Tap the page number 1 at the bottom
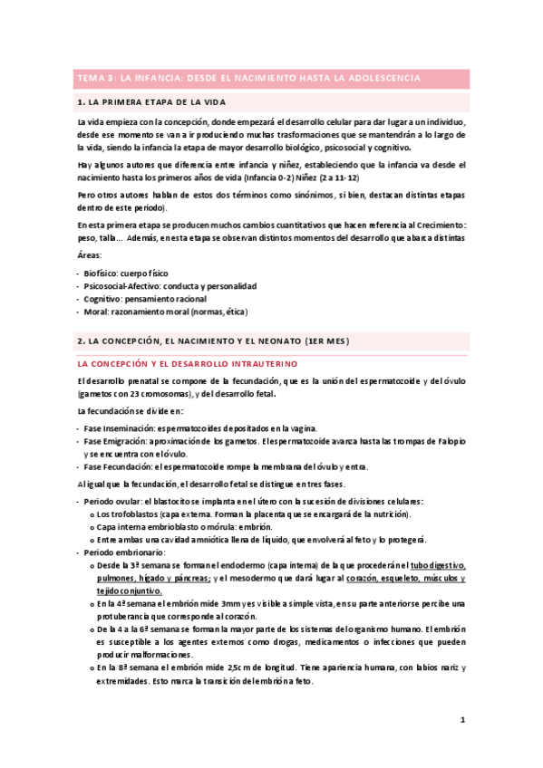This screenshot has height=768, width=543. point(462,720)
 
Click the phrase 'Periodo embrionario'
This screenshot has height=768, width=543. point(123,552)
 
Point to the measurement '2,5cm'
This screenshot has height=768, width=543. point(223,667)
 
